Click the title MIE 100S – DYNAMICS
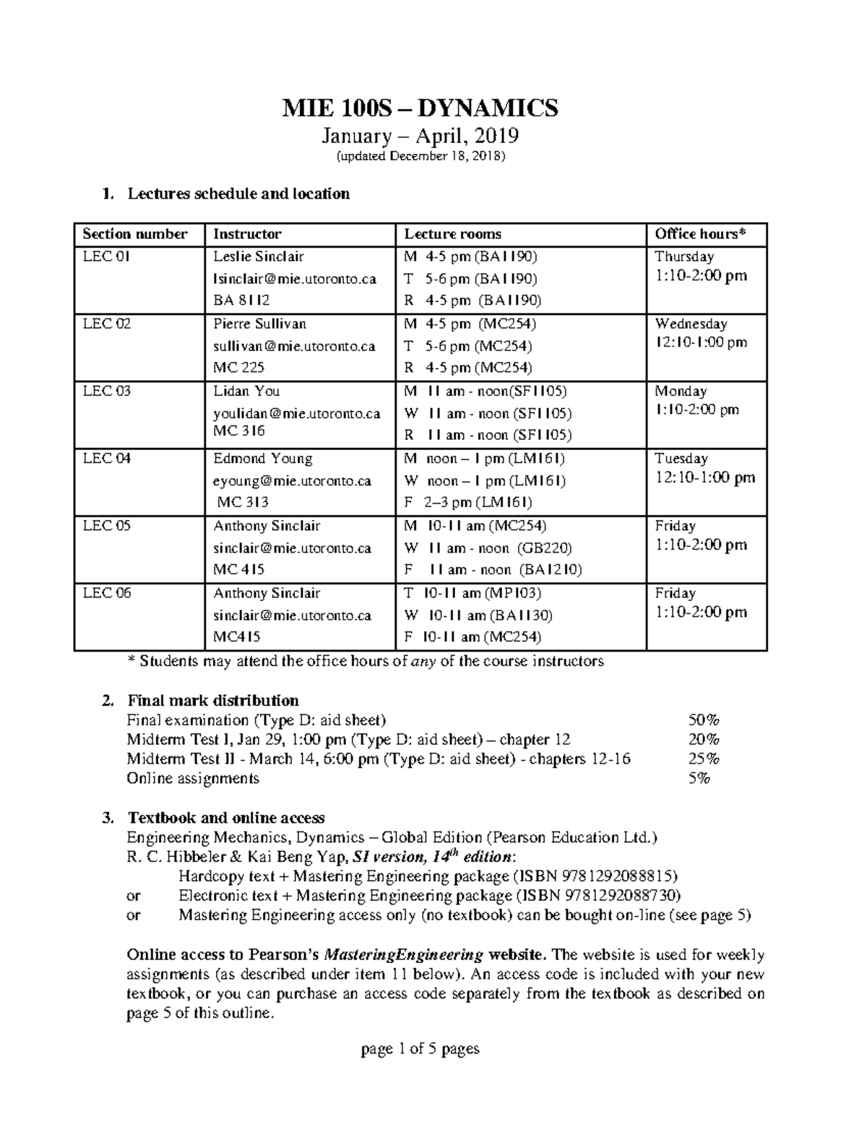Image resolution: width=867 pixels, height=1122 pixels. pos(420,108)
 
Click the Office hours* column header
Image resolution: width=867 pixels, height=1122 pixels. pos(699,234)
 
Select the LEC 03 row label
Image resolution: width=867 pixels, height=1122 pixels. pos(107,392)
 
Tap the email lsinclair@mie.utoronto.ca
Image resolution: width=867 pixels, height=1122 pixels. pos(294,279)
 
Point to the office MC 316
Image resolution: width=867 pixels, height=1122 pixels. pos(238,431)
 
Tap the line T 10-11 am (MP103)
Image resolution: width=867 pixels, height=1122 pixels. pos(473,593)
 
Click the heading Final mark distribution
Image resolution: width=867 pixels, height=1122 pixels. pos(212,701)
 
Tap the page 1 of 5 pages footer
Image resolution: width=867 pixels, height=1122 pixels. pos(420,1048)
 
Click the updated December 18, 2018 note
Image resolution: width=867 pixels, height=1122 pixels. pos(420,157)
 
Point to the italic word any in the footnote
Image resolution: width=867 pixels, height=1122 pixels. pos(423,661)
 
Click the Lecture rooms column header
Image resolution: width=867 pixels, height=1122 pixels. pos(452,234)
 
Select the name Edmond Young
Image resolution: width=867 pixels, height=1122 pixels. pos(262,459)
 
